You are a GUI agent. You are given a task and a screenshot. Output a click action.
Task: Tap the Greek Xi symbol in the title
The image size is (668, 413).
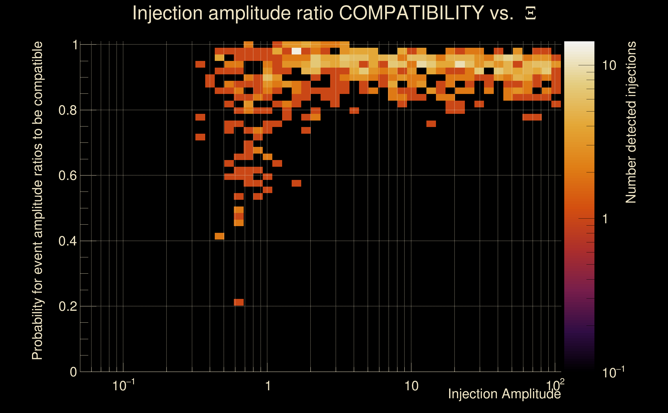530,13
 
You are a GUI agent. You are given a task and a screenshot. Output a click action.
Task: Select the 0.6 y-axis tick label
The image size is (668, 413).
67,175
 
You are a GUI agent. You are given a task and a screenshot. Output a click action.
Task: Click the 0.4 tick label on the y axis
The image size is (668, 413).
67,241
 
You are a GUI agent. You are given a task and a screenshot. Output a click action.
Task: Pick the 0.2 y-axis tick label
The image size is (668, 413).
67,306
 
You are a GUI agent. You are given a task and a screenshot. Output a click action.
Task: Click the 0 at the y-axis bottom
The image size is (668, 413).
73,372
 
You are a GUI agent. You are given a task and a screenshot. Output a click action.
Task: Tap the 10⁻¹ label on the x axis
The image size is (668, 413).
123,386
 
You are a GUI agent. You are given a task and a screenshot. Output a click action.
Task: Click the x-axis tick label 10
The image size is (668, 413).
411,386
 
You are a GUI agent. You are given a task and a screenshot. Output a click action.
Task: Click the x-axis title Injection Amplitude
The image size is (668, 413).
504,394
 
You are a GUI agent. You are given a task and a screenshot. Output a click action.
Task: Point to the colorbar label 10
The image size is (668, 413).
609,66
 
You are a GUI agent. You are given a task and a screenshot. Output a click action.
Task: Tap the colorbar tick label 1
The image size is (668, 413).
605,219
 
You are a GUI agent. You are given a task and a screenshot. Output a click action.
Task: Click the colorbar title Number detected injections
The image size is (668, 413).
631,122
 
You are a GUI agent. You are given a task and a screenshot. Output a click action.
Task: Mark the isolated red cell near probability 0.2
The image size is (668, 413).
239,302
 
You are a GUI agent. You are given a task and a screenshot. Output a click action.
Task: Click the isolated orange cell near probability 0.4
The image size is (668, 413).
219,236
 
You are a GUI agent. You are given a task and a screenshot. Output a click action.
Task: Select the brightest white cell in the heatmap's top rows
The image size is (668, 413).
296,51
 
